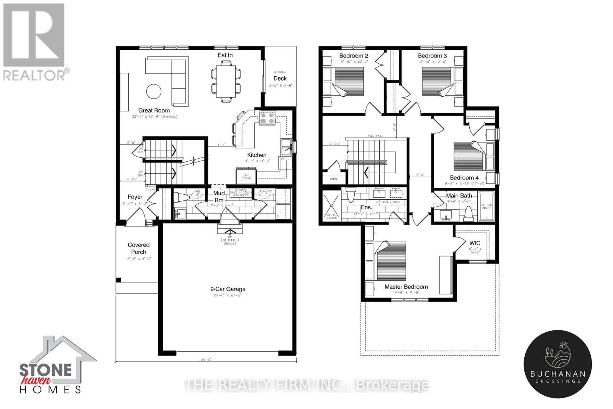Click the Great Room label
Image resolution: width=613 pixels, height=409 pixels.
[x=154, y=110]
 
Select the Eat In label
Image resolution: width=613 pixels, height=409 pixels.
[x=225, y=55]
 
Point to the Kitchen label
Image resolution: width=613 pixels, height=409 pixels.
[x=257, y=155]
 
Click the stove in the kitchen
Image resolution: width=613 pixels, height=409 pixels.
[x=267, y=118]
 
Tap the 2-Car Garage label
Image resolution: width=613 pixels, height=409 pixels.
[x=228, y=289]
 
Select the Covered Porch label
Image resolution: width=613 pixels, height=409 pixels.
[x=139, y=248]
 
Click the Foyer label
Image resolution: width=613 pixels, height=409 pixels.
[x=135, y=197]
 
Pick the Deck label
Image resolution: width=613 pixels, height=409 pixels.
[x=280, y=78]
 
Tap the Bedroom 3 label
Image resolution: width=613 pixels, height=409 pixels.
[x=432, y=56]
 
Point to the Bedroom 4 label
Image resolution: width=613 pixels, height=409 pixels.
[x=464, y=177]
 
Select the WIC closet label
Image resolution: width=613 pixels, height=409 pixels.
[x=475, y=243]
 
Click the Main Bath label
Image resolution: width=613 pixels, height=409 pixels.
[x=459, y=195]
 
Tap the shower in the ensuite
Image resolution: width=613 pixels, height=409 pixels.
[x=332, y=207]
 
